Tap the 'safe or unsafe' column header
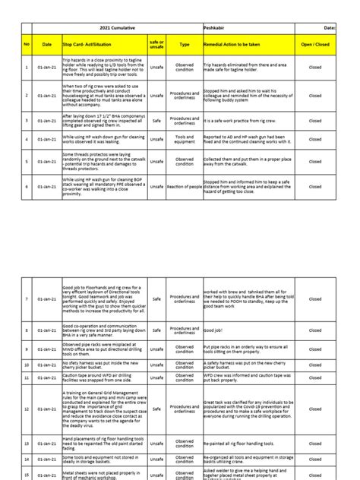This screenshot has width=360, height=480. (156, 45)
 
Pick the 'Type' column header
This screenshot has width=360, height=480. (185, 45)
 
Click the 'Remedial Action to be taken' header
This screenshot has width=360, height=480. (247, 45)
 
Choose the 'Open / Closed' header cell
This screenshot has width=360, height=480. (314, 45)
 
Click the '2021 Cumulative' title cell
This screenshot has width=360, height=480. (117, 27)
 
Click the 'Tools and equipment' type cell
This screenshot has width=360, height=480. (185, 140)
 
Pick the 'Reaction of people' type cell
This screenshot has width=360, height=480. (185, 186)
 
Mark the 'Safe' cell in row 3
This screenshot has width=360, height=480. (156, 120)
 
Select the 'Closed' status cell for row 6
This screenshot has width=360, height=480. (314, 186)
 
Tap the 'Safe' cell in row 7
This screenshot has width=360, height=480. (156, 299)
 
